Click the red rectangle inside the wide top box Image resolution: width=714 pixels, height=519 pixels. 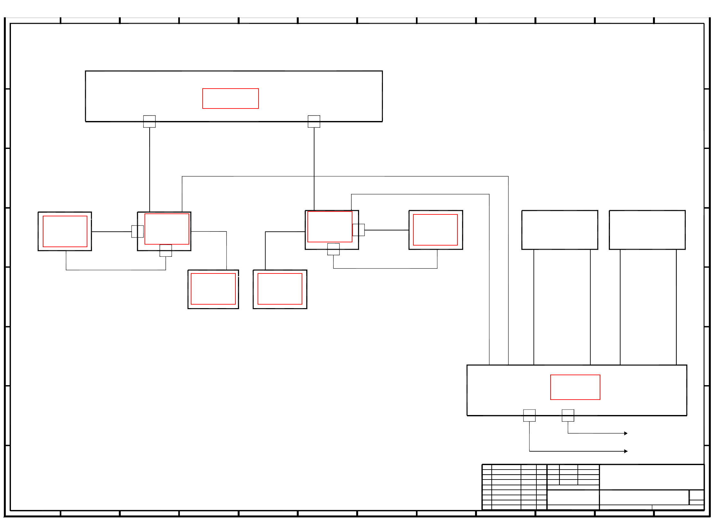(230, 99)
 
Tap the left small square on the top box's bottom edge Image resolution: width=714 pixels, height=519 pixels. (149, 121)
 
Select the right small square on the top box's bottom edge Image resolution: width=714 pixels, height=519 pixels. (314, 121)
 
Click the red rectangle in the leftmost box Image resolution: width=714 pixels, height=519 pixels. (65, 231)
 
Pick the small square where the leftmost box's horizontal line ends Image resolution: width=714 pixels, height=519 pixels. (137, 231)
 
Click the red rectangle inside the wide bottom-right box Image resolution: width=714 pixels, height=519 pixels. (575, 387)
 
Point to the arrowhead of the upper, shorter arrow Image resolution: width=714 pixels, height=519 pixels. (626, 433)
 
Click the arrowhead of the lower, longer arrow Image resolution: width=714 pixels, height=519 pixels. (626, 451)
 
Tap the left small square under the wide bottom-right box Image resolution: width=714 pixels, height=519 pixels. (529, 415)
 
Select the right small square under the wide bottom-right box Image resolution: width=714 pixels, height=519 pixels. (568, 415)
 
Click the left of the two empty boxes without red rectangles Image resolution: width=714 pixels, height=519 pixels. (560, 230)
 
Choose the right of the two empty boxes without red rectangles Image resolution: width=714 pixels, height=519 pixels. (647, 230)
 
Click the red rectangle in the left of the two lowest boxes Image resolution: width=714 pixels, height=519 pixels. (213, 289)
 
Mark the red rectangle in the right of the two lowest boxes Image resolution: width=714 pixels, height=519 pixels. (280, 289)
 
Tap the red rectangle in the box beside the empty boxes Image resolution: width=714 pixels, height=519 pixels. (435, 230)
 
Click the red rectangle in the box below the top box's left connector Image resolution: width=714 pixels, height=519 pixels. (167, 229)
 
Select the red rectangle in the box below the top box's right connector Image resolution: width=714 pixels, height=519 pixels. (330, 227)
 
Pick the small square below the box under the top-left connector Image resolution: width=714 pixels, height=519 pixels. (166, 250)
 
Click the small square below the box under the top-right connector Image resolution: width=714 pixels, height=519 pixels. (333, 249)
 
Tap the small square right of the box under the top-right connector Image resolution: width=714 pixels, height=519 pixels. (358, 230)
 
